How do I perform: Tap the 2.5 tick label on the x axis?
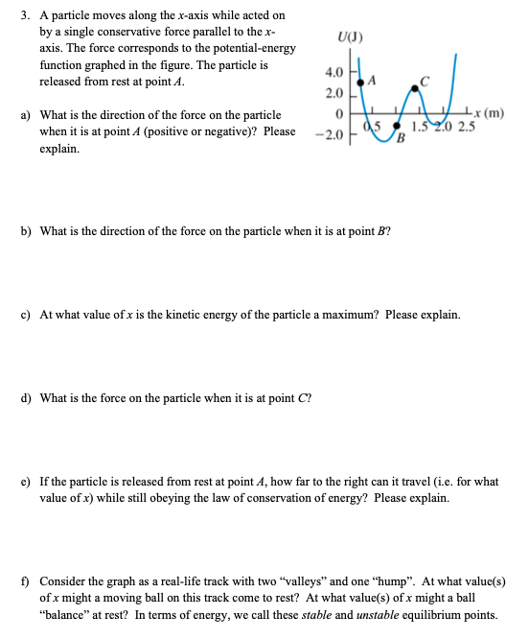click(467, 128)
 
